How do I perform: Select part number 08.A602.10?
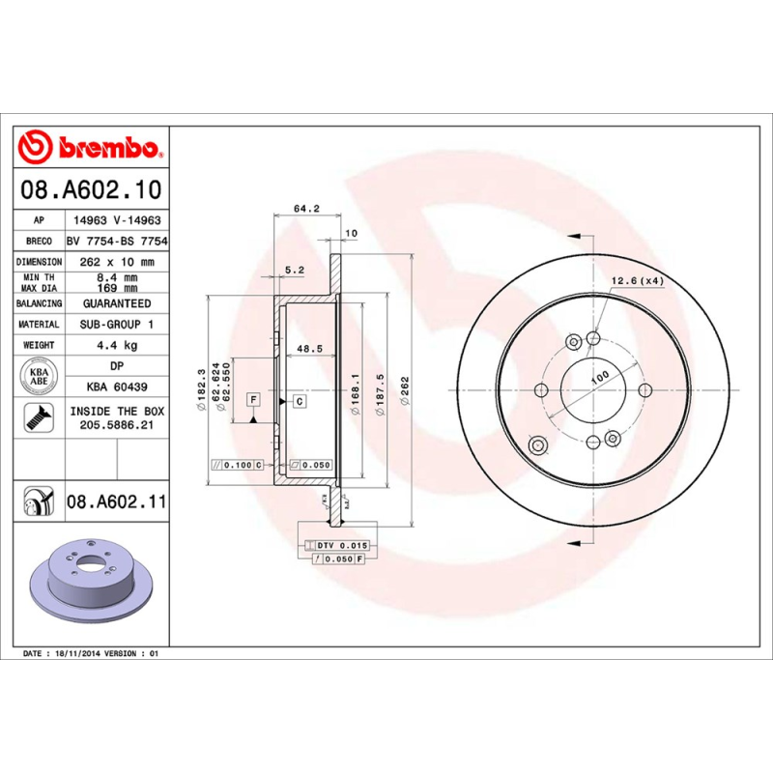pyautogui.click(x=93, y=190)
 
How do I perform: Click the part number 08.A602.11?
pyautogui.click(x=117, y=502)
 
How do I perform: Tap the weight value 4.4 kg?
pyautogui.click(x=117, y=345)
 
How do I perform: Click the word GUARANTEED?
pyautogui.click(x=117, y=303)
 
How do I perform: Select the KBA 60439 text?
pyautogui.click(x=117, y=386)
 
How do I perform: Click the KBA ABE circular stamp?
pyautogui.click(x=41, y=375)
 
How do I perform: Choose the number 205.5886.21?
pyautogui.click(x=117, y=423)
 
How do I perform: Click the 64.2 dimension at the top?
pyautogui.click(x=305, y=208)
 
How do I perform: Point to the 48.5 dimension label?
pyautogui.click(x=309, y=348)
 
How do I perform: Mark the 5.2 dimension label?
pyautogui.click(x=295, y=270)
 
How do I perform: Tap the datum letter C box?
pyautogui.click(x=300, y=400)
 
